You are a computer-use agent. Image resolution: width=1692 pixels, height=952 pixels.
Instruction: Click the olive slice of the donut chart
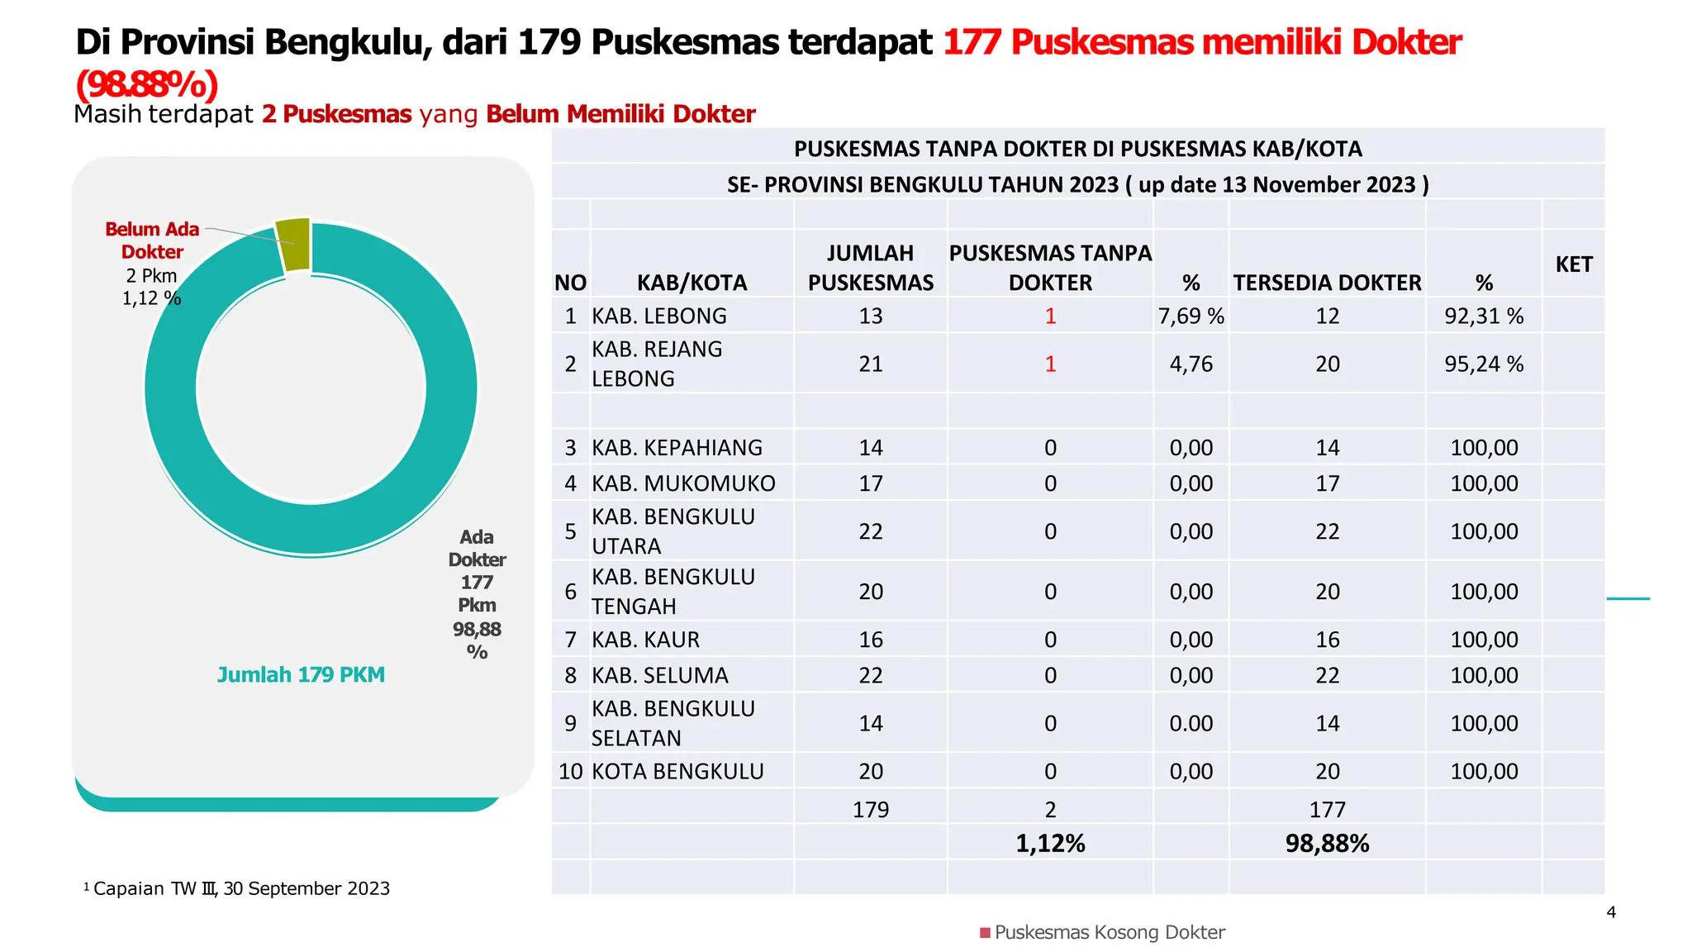(x=294, y=244)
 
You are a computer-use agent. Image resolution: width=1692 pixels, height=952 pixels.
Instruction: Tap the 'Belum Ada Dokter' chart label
(x=152, y=240)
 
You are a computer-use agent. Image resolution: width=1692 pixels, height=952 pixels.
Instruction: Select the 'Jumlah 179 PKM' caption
(x=301, y=675)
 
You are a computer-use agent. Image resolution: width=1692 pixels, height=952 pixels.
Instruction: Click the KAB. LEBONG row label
(x=659, y=316)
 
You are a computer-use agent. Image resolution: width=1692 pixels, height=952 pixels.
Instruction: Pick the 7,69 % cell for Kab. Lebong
(x=1191, y=316)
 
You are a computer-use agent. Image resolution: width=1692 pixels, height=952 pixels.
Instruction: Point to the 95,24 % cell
(x=1484, y=364)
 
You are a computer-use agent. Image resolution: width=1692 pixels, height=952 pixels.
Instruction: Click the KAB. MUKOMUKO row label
(x=683, y=483)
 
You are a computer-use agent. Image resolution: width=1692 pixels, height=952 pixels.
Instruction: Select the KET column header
(x=1573, y=264)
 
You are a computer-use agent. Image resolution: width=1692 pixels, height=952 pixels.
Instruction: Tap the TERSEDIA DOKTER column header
(x=1327, y=283)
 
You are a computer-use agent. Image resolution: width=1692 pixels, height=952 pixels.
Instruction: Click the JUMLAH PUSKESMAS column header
(x=871, y=268)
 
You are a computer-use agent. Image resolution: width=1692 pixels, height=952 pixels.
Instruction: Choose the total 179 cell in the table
(x=871, y=810)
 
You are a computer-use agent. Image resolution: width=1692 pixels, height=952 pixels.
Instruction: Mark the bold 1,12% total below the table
(x=1050, y=844)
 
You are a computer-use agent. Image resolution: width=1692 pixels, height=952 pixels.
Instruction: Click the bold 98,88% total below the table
(x=1327, y=844)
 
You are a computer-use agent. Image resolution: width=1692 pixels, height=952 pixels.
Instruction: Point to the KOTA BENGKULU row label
(x=677, y=771)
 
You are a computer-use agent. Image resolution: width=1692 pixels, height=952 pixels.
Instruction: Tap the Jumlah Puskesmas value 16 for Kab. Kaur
(x=871, y=640)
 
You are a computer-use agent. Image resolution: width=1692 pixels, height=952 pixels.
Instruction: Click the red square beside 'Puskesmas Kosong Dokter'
(x=985, y=933)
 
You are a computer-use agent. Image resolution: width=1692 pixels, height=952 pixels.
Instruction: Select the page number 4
(x=1611, y=912)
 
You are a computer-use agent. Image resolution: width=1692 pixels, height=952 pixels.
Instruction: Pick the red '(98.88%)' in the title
(x=147, y=83)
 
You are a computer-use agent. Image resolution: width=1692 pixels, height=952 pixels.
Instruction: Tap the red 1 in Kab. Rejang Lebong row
(x=1050, y=364)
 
